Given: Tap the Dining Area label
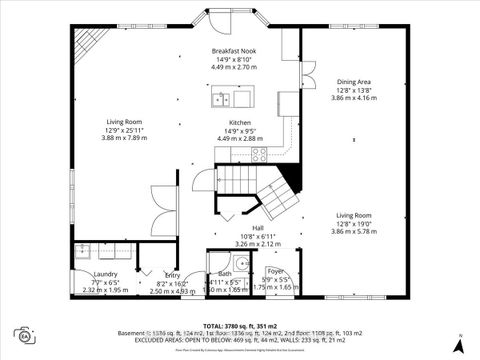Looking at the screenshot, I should pos(353,82).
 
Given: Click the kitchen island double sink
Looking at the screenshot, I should pos(222,99).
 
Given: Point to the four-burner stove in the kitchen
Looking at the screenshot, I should pos(259,154).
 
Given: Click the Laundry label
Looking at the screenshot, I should pos(105,274).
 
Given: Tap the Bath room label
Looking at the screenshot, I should pos(224,274).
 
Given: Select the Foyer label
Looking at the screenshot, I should pos(275,270).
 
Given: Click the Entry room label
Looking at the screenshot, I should pos(172,275).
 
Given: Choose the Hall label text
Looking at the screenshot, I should pos(257,228).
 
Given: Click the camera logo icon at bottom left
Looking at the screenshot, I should pos(23,334).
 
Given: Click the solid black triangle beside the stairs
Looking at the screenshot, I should pos(291,181).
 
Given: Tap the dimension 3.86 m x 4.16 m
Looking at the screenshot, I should pos(353,98).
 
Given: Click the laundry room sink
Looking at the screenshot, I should pos(81,252).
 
